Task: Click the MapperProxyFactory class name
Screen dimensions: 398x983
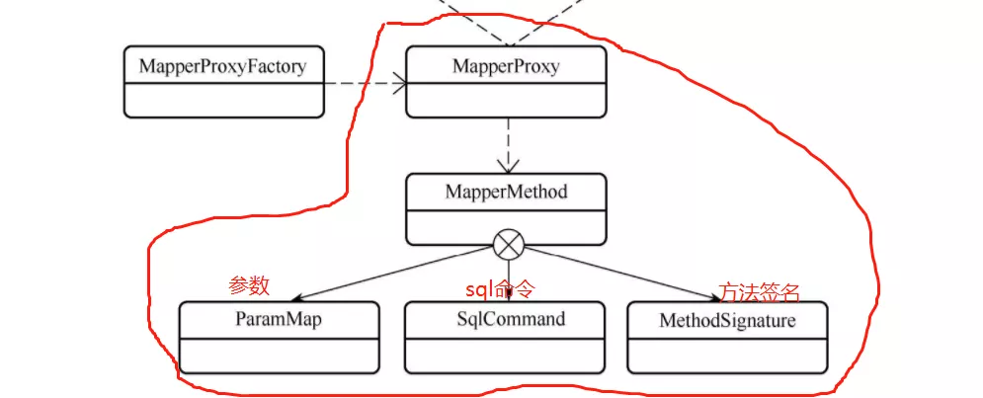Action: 222,67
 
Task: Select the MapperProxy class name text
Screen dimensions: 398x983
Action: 506,67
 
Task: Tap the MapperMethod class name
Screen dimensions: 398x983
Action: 506,192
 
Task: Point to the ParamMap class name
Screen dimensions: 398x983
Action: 279,319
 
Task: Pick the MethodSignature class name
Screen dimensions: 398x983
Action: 727,320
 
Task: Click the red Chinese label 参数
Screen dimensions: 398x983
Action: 249,286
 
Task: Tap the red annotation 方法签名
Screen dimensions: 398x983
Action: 759,292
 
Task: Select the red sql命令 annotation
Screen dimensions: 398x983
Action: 500,289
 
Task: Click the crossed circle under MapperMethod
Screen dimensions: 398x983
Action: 508,244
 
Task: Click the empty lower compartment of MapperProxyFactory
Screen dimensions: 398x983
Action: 222,100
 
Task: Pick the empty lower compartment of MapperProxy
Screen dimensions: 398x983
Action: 506,100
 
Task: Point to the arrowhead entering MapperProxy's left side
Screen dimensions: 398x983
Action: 399,84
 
